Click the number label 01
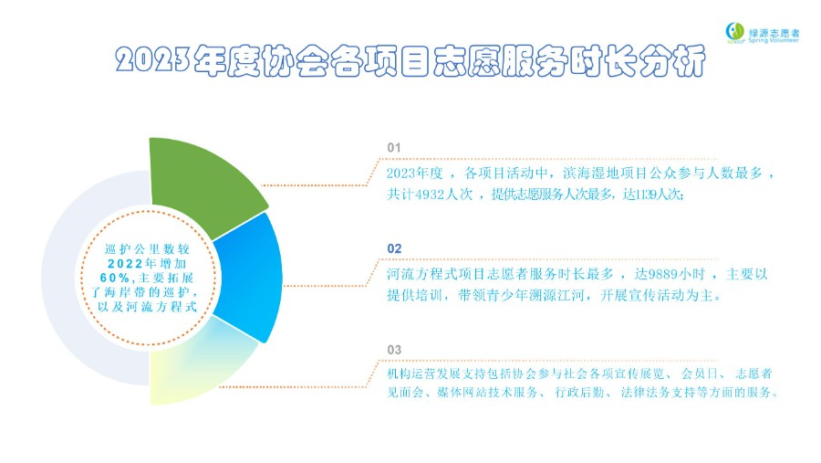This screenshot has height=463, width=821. click(394, 148)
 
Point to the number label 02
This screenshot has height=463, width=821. click(394, 248)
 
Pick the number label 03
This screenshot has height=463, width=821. click(394, 350)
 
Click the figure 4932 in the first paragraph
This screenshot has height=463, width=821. click(430, 195)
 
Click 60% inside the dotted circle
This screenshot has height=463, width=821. click(115, 278)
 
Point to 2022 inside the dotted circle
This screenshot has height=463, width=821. click(125, 264)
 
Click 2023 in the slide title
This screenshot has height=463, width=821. click(152, 59)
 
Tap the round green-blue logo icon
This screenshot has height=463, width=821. click(734, 31)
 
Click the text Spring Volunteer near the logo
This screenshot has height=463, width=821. click(774, 40)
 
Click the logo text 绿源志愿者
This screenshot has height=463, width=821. click(774, 32)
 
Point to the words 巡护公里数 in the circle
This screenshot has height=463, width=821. click(140, 249)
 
